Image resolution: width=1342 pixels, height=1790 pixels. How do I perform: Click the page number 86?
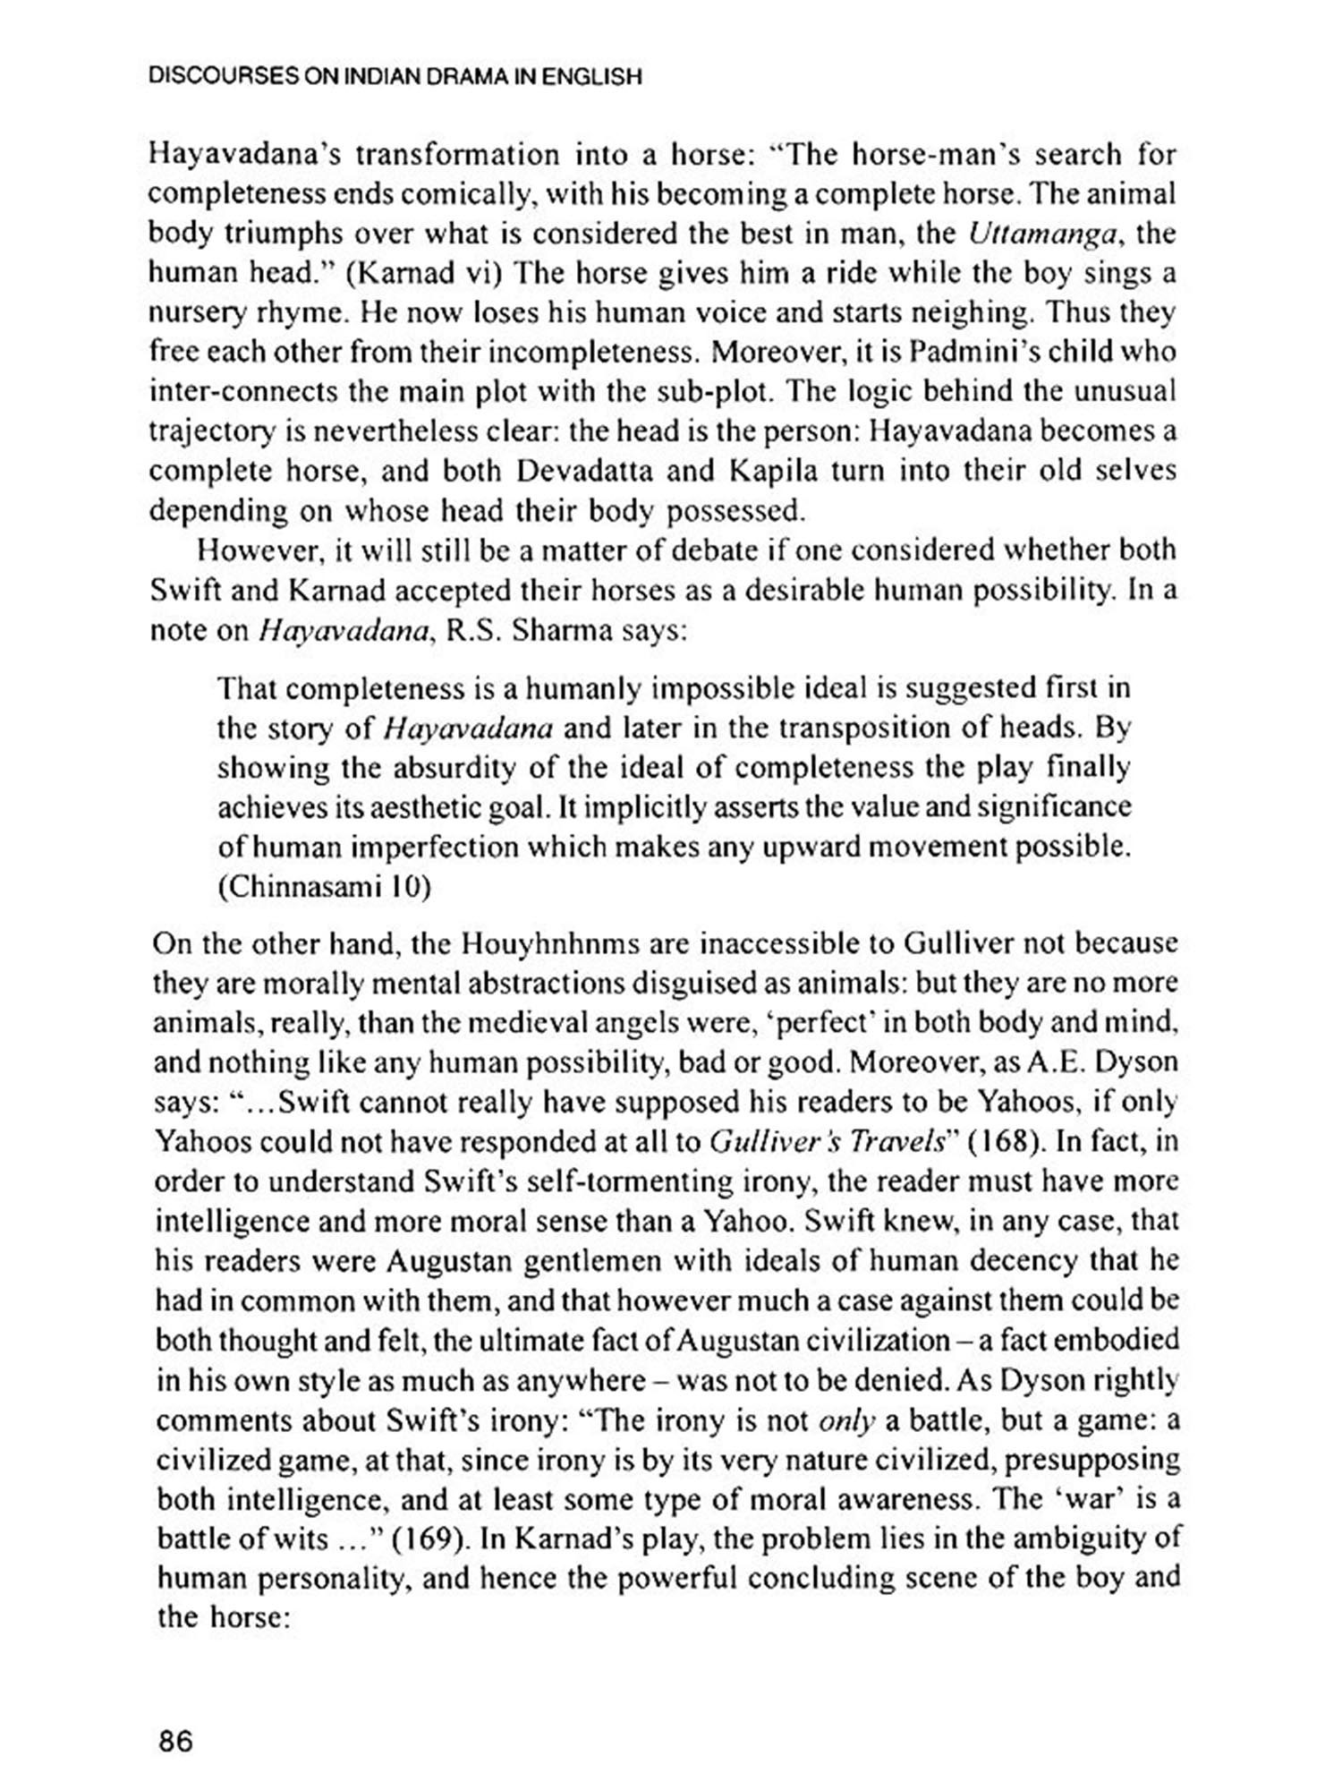tap(175, 1742)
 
